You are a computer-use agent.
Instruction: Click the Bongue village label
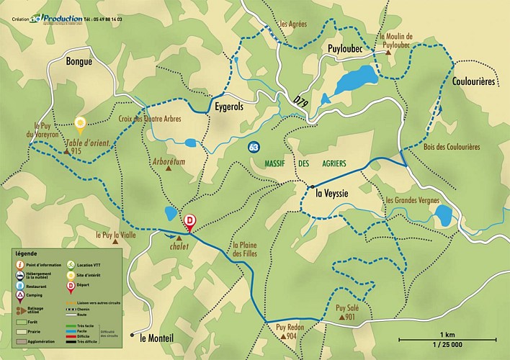point(79,62)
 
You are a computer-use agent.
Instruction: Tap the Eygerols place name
point(230,107)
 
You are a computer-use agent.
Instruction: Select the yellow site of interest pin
point(81,124)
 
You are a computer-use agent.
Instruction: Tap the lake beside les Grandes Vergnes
point(442,214)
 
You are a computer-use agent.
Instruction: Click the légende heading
point(26,254)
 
